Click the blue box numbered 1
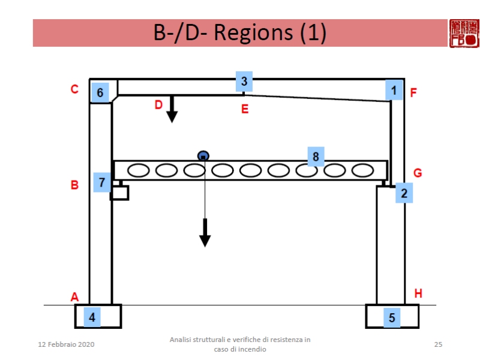tap(394, 91)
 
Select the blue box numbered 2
tap(404, 193)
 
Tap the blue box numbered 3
tap(244, 82)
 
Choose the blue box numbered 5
tap(392, 317)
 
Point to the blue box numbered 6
tap(100, 92)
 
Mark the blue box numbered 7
tap(101, 182)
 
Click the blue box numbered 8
tap(315, 157)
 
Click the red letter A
tap(75, 296)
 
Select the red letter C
tap(75, 89)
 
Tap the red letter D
tap(158, 104)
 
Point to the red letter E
tap(244, 109)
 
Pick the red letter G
tap(418, 173)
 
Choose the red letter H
tap(418, 293)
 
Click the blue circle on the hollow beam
tap(203, 156)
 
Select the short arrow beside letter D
tap(172, 109)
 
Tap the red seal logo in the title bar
tap(463, 33)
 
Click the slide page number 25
tap(438, 344)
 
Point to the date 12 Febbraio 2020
tap(66, 344)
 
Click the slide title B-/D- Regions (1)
tap(240, 33)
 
